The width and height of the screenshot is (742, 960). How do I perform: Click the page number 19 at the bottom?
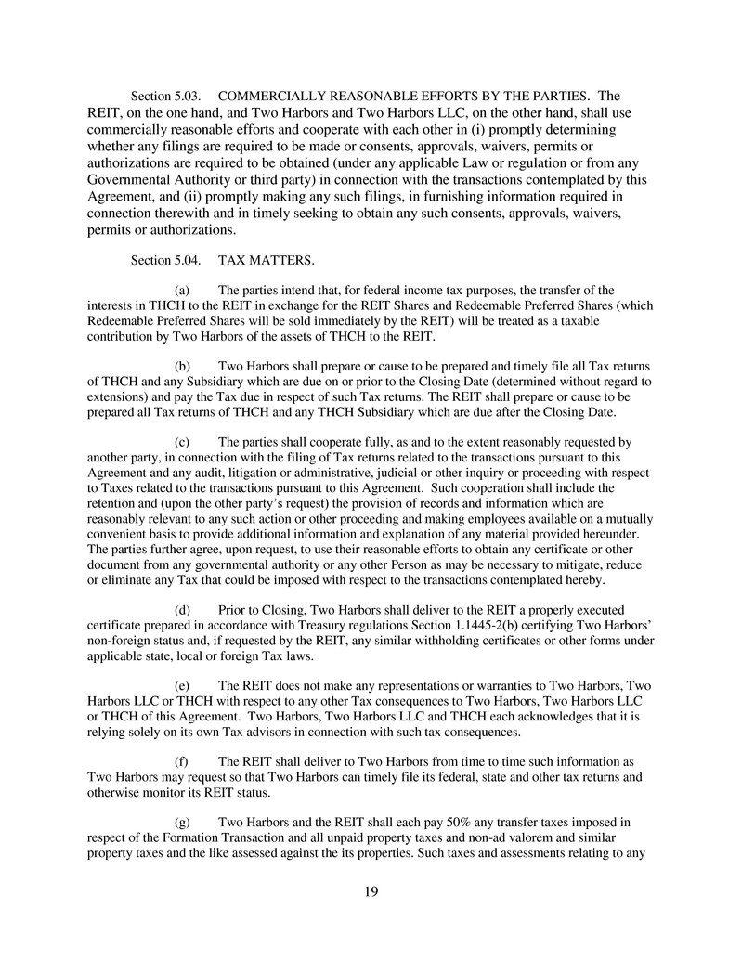pyautogui.click(x=371, y=892)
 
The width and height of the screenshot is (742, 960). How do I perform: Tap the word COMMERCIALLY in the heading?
pyautogui.click(x=279, y=96)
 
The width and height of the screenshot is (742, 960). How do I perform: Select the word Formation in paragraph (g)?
pyautogui.click(x=187, y=837)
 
